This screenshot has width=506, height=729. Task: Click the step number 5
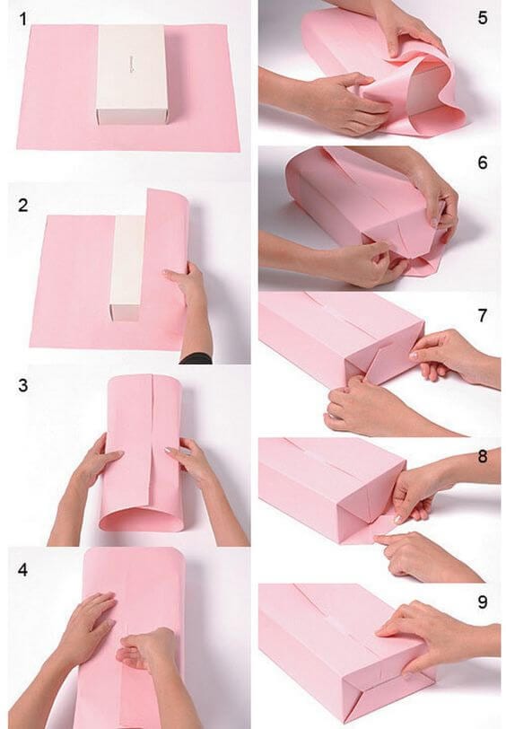(483, 17)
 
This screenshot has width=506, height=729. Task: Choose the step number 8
(483, 456)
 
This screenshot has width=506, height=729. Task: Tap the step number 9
(483, 602)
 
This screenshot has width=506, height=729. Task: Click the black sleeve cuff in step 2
(196, 357)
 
